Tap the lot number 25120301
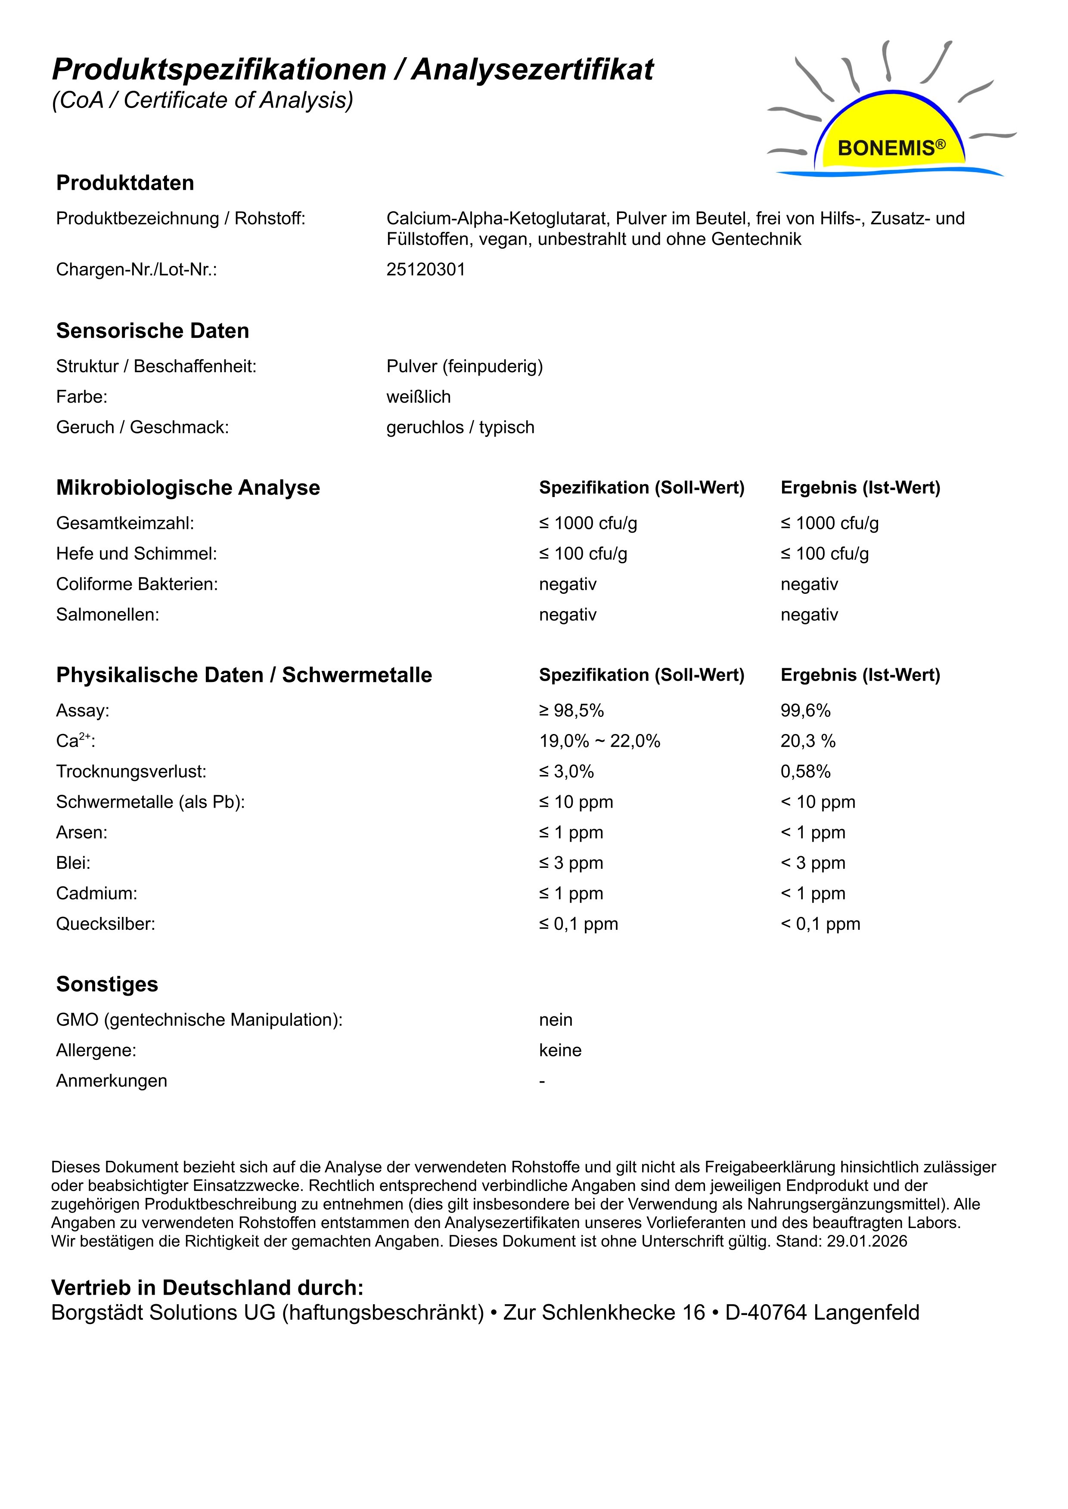coord(425,269)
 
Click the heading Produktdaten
coord(125,183)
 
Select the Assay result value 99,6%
coord(806,710)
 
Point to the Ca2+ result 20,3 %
coord(807,741)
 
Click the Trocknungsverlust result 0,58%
coord(806,771)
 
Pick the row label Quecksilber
coord(105,924)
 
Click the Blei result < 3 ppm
coord(813,863)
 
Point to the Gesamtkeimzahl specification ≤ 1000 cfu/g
coord(588,523)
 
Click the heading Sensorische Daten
coord(152,330)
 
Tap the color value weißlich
coord(418,397)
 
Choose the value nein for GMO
coord(556,1020)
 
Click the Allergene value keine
coord(560,1050)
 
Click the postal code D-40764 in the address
coord(766,1312)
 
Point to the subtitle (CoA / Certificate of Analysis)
coord(202,100)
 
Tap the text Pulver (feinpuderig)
coord(464,366)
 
